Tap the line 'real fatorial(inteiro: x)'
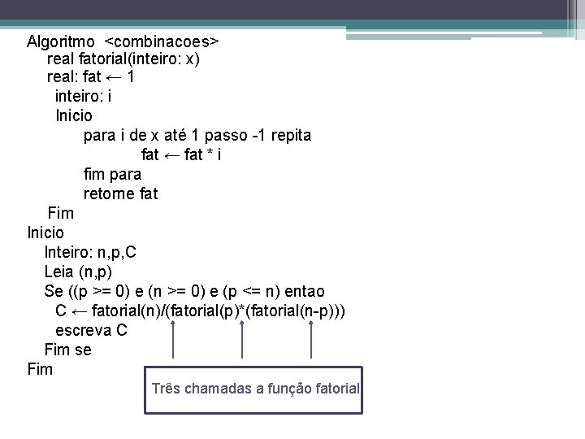(123, 59)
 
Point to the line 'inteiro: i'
(83, 98)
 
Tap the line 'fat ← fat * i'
(181, 155)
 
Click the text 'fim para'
(112, 174)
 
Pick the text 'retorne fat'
(120, 193)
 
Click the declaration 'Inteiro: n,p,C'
(90, 252)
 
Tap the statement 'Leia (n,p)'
(79, 272)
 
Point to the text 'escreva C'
(91, 330)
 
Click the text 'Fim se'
(68, 350)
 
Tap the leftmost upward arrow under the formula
(173, 342)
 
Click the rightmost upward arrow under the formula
(312, 342)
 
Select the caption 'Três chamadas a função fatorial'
(255, 389)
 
